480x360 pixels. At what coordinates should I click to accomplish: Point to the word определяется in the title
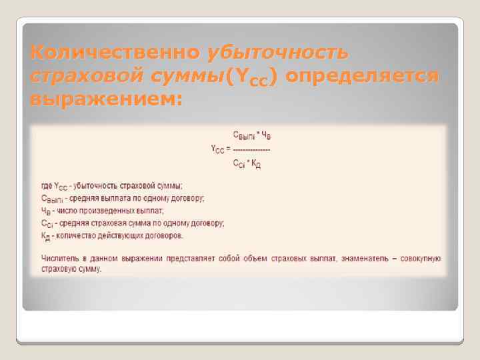pos(363,76)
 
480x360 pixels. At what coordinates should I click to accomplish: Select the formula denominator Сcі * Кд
pos(247,164)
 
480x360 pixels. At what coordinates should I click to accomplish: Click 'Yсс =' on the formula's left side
pos(221,149)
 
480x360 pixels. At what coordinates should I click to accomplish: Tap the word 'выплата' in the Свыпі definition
pos(110,198)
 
